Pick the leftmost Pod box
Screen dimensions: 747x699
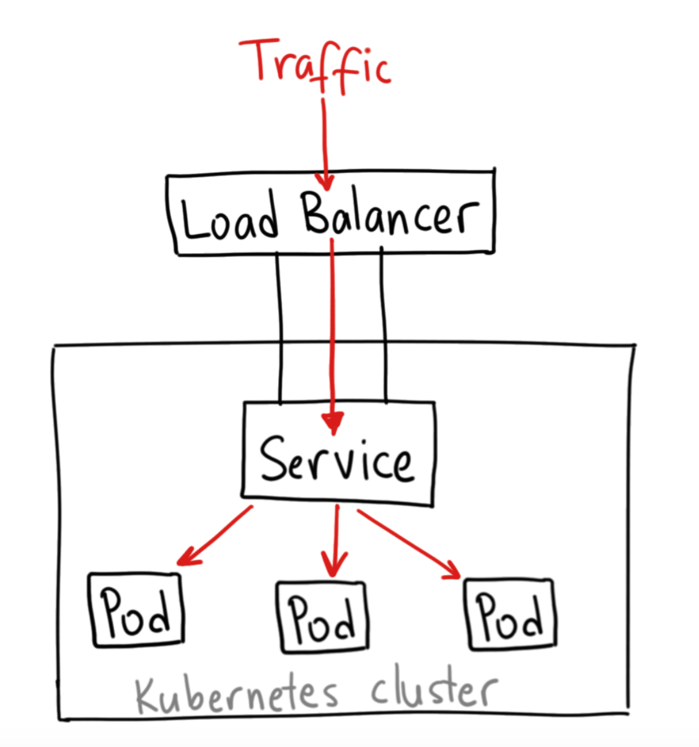[x=136, y=610]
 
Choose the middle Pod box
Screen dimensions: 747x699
[x=322, y=617]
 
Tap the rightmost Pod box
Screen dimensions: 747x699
[x=510, y=614]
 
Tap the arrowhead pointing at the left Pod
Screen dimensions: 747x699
[x=186, y=559]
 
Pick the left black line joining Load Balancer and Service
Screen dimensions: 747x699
[x=281, y=328]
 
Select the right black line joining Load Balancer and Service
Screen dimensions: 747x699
[x=384, y=325]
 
